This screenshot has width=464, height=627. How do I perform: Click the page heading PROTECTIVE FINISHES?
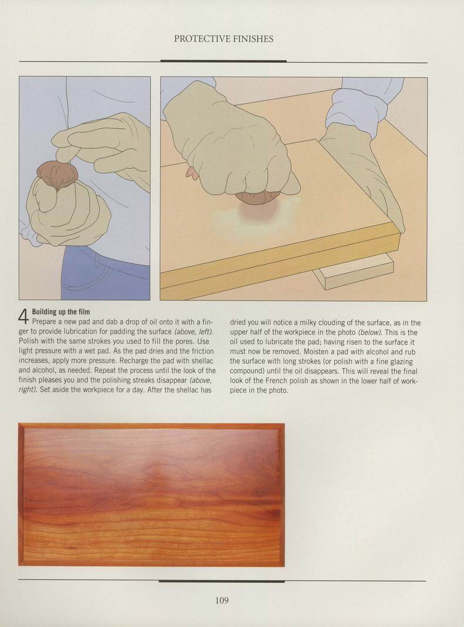pos(223,39)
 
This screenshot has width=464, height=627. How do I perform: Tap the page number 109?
pos(222,600)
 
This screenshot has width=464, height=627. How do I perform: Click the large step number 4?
pos(24,316)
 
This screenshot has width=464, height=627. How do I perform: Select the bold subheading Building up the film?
pos(61,311)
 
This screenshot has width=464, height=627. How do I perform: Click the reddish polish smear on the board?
pos(255,211)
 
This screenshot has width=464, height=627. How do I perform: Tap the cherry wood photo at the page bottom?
pos(151,495)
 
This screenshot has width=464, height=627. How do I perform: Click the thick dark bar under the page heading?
pos(223,61)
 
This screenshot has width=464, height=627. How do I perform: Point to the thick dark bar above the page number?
pos(222,581)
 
